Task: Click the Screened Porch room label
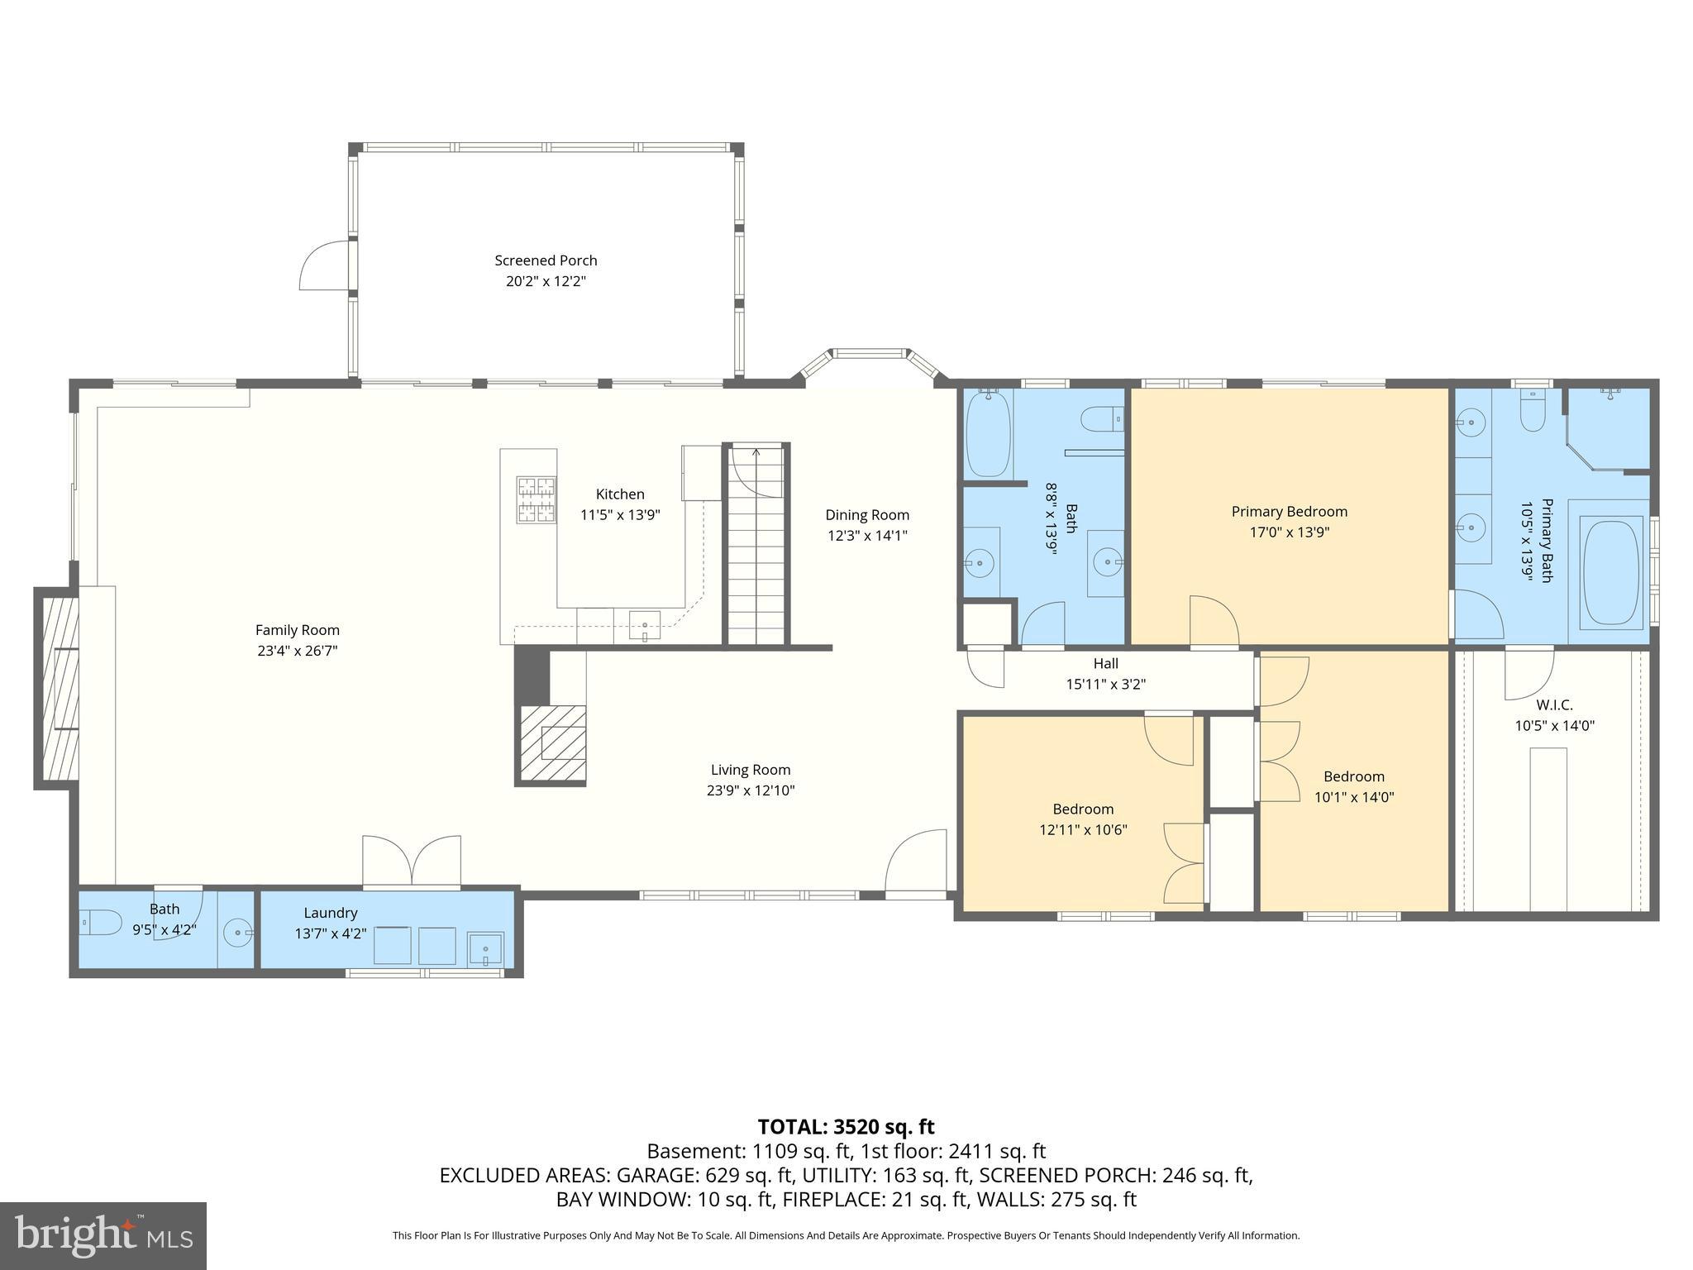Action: (546, 260)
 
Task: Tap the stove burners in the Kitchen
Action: (536, 499)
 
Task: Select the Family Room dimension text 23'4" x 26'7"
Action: (297, 651)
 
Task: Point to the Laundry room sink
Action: (485, 948)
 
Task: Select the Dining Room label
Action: (867, 515)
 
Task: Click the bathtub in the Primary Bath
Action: (1610, 571)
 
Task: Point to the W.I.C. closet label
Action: (1554, 705)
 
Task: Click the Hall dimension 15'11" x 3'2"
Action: (1105, 685)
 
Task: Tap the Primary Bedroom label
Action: (1289, 512)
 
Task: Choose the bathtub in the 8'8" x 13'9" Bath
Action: (988, 433)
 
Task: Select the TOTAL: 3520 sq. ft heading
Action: (846, 1127)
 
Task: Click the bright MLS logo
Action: (103, 1235)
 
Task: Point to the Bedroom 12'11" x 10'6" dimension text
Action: (1083, 830)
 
